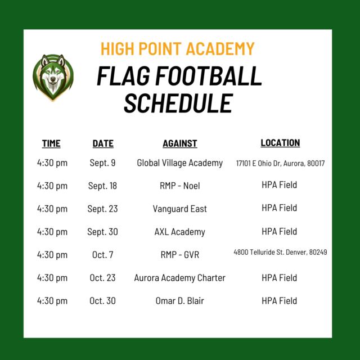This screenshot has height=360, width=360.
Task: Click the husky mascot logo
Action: click(x=53, y=78)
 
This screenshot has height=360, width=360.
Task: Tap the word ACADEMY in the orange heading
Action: click(x=220, y=49)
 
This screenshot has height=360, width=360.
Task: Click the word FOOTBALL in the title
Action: click(x=209, y=76)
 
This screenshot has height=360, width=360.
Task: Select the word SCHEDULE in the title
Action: click(x=178, y=103)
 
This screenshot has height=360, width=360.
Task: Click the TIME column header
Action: click(x=51, y=143)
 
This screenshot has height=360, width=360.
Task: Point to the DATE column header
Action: click(x=103, y=143)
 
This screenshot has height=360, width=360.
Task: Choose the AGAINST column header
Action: click(x=180, y=143)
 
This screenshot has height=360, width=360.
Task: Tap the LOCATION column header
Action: click(x=280, y=143)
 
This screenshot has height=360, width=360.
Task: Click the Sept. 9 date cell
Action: click(x=102, y=163)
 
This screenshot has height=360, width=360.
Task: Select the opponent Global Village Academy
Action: click(x=180, y=163)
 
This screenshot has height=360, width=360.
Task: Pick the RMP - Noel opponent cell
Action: click(x=180, y=186)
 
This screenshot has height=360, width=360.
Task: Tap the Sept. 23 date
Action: click(x=102, y=209)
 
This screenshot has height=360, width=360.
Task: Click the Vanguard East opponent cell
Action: click(x=180, y=209)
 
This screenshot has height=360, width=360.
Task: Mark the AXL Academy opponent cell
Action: click(x=180, y=232)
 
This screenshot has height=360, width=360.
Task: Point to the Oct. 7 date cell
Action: click(x=102, y=255)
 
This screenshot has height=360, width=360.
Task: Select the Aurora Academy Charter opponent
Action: click(x=180, y=278)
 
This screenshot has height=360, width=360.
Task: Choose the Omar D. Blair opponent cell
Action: click(x=180, y=301)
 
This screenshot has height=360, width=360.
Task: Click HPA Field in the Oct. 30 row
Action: click(x=279, y=301)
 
